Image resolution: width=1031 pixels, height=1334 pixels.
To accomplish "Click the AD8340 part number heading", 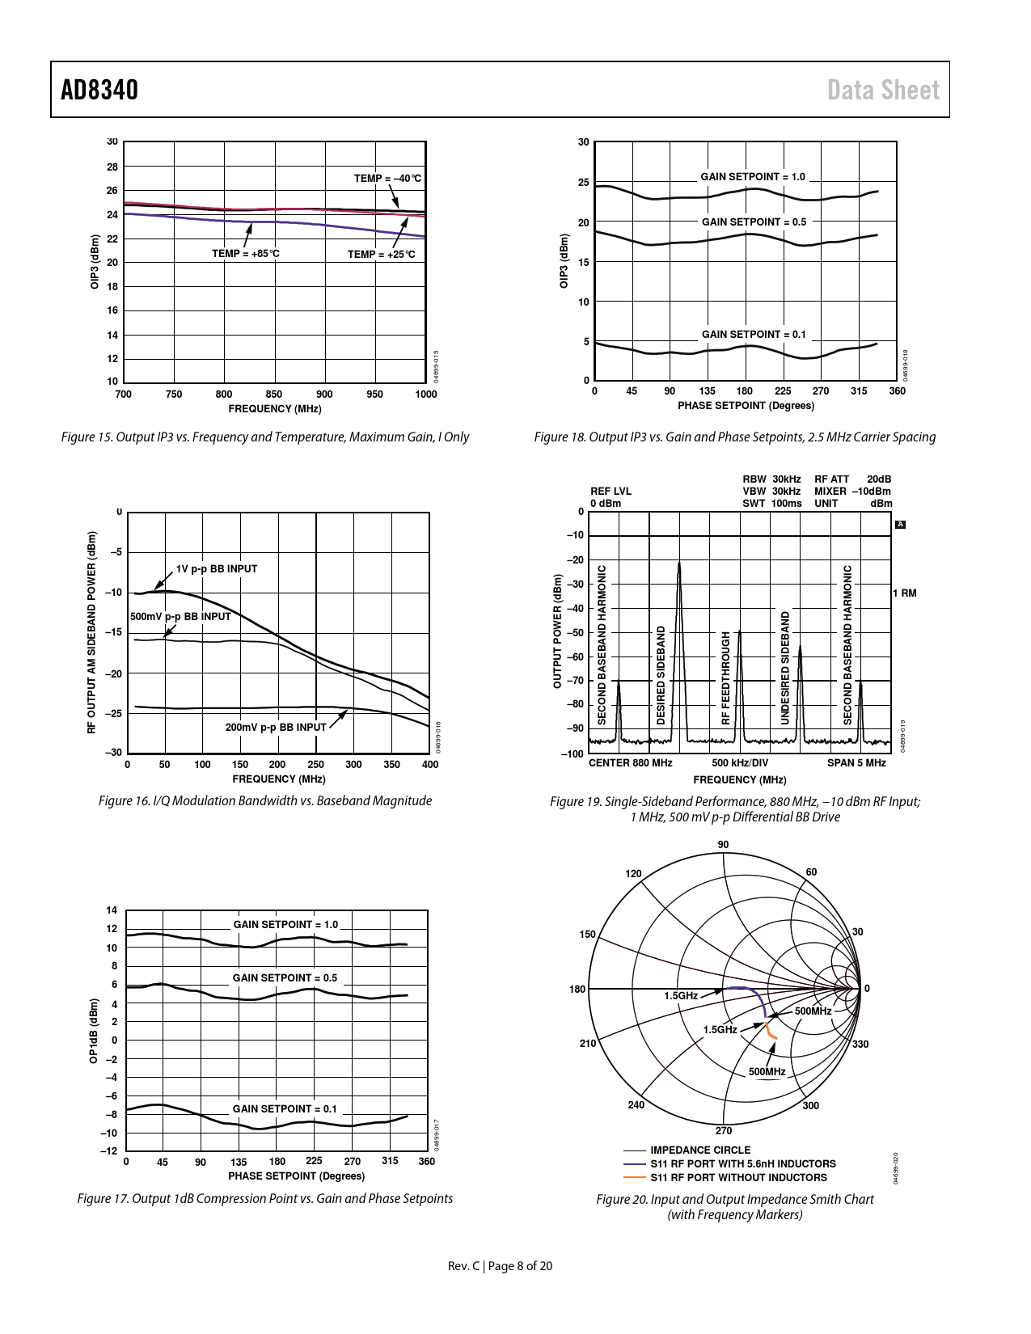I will [99, 90].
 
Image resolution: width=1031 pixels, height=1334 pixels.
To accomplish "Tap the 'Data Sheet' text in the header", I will [883, 90].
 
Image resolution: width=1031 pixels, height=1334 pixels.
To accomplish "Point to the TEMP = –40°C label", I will [387, 179].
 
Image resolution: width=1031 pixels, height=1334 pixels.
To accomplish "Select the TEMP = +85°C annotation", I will [246, 254].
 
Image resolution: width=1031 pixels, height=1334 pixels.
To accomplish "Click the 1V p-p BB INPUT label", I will [217, 569].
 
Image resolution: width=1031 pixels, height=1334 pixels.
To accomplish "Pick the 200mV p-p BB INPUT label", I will [276, 728].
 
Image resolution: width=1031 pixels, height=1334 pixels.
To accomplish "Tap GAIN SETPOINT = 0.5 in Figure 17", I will [285, 978].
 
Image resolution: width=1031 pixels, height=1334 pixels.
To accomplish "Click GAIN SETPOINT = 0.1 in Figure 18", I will [754, 335].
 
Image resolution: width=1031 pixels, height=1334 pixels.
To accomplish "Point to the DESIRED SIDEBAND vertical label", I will [661, 674].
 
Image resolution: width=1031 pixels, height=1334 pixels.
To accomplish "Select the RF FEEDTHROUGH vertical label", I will [725, 678].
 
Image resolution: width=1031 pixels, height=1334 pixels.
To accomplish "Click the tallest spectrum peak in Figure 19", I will [679, 566].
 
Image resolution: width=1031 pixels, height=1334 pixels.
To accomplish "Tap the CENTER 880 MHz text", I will [630, 763].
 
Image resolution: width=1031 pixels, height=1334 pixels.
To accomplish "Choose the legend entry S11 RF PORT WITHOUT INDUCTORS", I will [738, 1178].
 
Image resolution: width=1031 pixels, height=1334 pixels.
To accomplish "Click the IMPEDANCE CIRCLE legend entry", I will [700, 1150].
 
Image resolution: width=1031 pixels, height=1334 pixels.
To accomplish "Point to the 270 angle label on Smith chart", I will [724, 1130].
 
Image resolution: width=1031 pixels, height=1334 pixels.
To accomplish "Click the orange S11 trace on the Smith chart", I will [770, 1030].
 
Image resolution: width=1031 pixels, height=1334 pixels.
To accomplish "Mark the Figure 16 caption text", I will [265, 801].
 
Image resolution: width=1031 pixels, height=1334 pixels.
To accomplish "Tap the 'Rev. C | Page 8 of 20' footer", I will [500, 1266].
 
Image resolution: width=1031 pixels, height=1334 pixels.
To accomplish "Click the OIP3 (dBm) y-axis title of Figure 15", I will [95, 262].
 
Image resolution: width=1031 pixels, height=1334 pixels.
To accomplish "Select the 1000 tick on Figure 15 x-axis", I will [425, 395].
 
